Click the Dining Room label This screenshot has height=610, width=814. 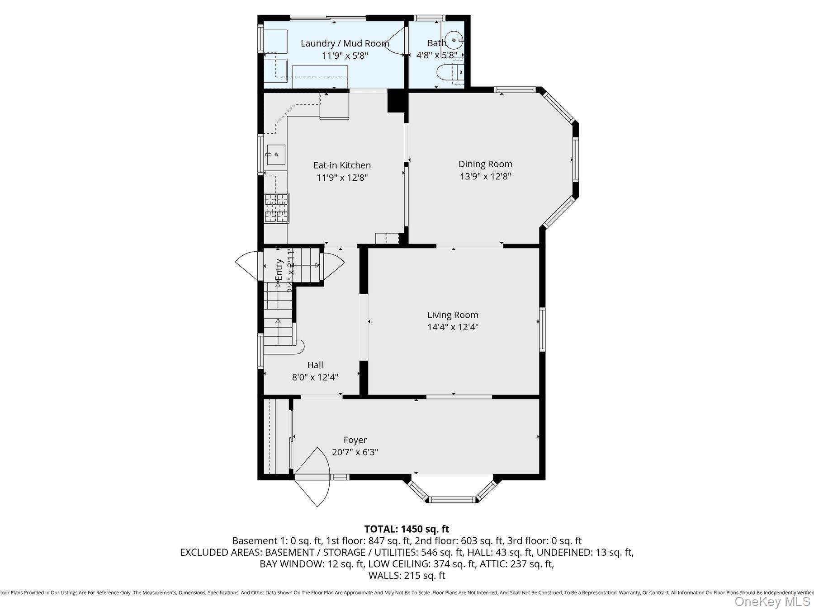485,164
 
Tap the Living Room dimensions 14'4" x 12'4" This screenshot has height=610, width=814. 453,327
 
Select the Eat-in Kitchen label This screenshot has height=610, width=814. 342,165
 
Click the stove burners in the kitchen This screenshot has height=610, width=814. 276,208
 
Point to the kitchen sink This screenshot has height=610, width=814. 275,155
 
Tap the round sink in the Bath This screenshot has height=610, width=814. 453,40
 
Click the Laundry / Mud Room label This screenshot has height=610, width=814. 345,43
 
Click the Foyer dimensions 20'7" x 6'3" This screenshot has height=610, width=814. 355,452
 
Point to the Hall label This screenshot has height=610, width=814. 315,365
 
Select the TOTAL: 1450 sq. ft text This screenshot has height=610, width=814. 407,529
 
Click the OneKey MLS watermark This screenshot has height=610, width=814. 772,601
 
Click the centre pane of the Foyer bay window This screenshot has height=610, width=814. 452,499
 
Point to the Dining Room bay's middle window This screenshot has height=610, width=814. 575,159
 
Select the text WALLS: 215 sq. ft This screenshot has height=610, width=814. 407,575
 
